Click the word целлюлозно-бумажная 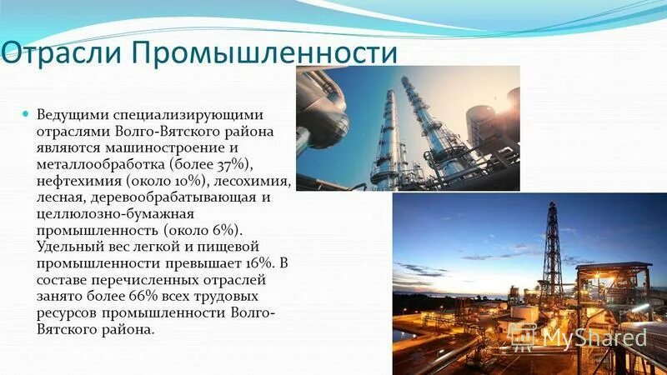107,213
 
